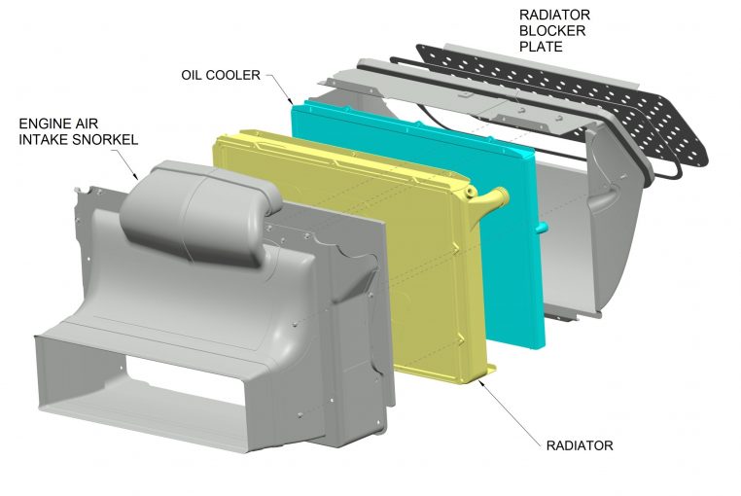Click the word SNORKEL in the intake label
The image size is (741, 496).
point(105,140)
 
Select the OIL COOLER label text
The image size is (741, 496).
point(221,75)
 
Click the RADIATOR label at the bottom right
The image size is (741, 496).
point(580,445)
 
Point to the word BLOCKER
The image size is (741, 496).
point(552,31)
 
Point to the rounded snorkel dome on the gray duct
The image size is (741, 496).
point(201,213)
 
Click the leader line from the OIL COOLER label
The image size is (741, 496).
point(279,89)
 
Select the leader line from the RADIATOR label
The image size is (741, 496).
point(510,410)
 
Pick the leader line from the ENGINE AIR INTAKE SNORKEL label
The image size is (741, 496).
point(124,164)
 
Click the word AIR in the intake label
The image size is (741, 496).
point(85,124)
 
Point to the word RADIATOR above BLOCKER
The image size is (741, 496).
point(555,15)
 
